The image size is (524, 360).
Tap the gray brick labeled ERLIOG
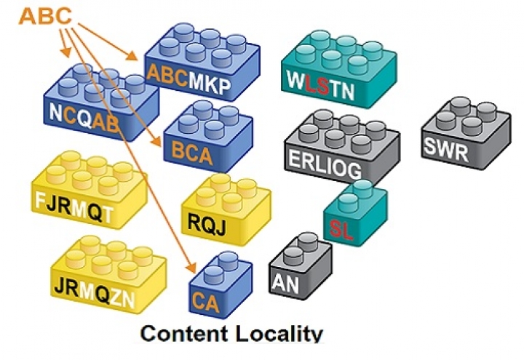tap(341, 145)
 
